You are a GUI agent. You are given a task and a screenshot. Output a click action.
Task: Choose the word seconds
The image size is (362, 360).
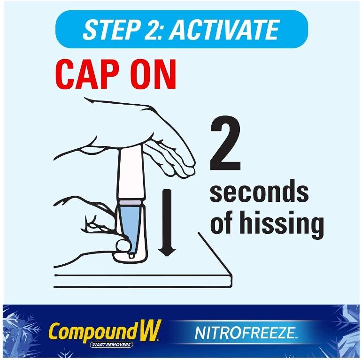click(x=259, y=193)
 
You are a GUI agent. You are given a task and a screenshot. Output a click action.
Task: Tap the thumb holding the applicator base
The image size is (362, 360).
click(x=123, y=245)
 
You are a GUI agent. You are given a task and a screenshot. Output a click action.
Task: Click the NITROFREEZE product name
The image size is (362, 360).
click(x=245, y=334)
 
